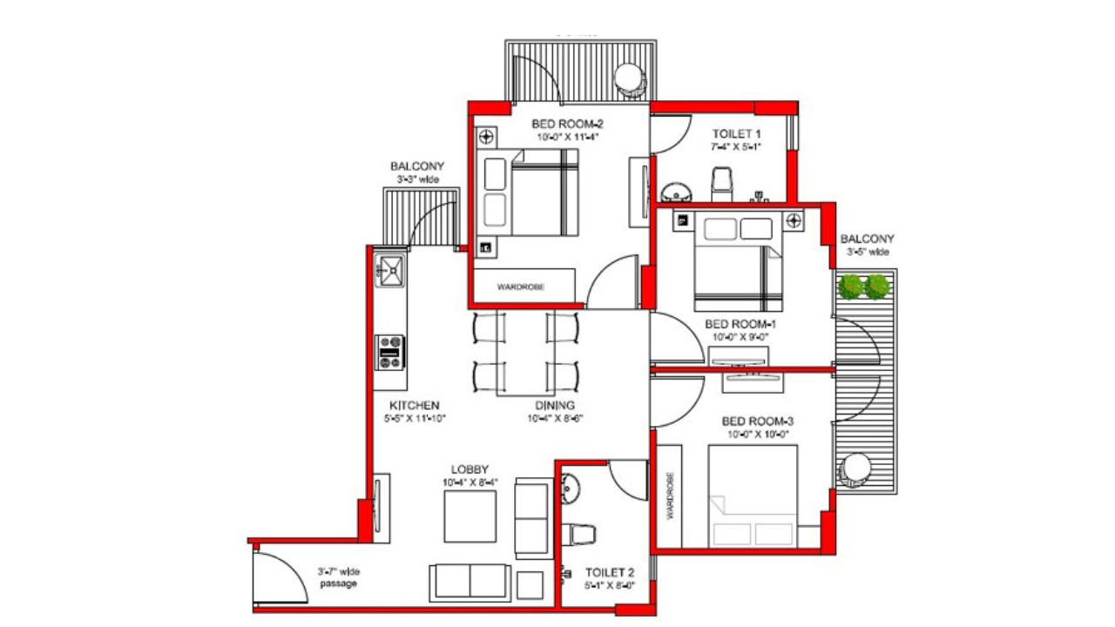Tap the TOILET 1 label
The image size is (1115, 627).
point(737,133)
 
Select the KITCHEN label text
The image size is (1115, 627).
point(414,406)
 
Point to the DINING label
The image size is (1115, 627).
point(554,406)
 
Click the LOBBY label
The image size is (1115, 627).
point(470,469)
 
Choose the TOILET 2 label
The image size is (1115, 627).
point(610,572)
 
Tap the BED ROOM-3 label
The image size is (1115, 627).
point(757,421)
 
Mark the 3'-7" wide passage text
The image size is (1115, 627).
point(338,577)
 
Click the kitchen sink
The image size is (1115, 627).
point(391,271)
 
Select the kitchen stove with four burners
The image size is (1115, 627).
point(391,351)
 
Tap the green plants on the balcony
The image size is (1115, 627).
point(864,286)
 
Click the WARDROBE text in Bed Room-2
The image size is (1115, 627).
point(521,287)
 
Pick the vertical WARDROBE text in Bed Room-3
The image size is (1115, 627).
point(670,496)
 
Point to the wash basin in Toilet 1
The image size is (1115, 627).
point(675,192)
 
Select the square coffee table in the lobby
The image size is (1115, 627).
point(470,516)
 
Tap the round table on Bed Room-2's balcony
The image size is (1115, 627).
point(628,78)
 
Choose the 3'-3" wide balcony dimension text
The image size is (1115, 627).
point(417,179)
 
